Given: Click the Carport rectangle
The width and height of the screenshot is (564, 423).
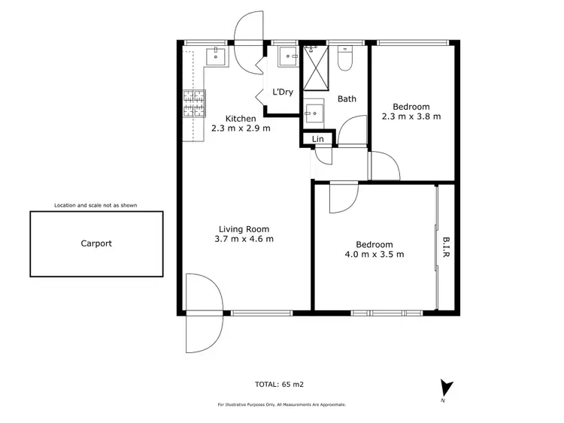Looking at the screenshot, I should point(96,243).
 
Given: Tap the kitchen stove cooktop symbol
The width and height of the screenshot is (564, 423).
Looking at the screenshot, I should point(193,104).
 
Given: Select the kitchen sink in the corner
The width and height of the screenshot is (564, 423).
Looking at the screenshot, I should point(217,56).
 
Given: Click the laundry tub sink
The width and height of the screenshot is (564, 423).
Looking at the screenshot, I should point(288,56).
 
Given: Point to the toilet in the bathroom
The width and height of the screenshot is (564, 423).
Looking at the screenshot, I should point(346,59).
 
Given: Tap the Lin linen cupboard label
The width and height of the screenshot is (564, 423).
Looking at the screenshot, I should point(318,139).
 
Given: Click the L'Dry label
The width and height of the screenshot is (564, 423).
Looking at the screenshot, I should point(282,92).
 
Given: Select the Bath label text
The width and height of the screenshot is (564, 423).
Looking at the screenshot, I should point(347,99).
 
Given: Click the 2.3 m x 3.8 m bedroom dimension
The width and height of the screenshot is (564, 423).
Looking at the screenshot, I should point(411,116).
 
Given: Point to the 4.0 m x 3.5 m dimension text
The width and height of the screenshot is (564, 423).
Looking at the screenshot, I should point(374,254).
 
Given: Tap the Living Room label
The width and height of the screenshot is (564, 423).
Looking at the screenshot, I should point(244,229).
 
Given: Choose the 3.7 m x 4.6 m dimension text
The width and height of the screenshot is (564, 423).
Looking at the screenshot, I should point(244,240).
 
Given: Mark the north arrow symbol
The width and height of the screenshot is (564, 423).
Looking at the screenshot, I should point(447,388).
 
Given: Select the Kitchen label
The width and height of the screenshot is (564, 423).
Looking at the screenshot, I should point(241,119).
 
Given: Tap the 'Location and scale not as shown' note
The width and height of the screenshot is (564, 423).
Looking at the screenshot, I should point(96,205).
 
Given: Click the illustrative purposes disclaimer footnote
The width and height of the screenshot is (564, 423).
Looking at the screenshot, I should point(282,404).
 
